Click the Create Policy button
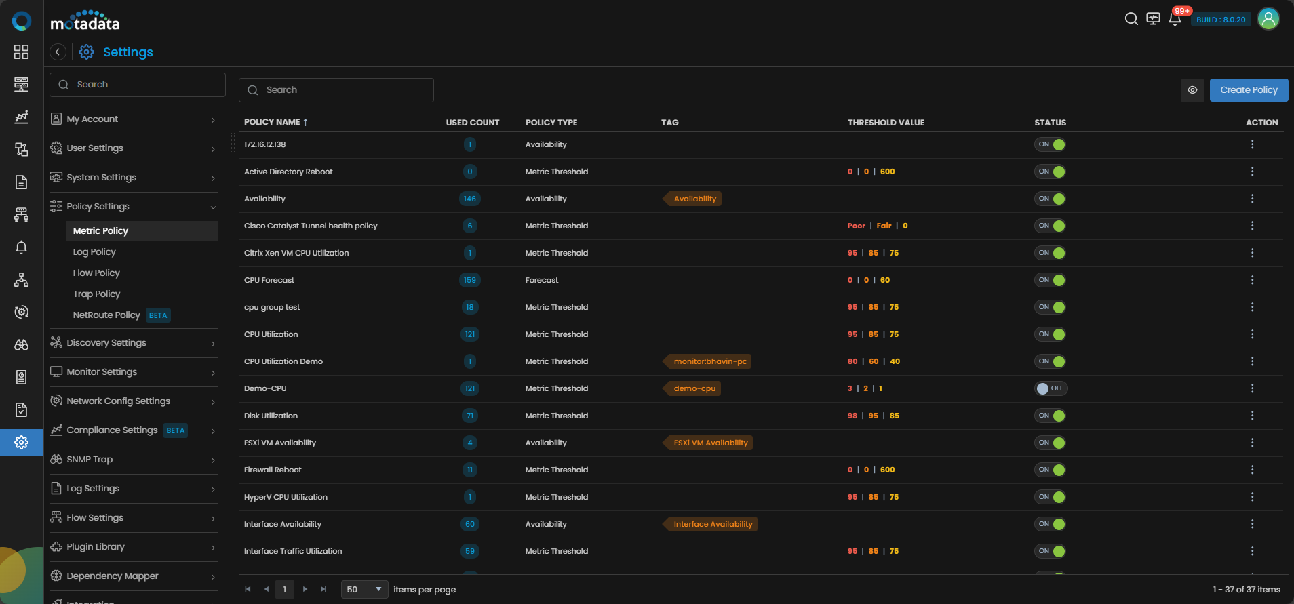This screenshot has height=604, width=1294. click(x=1249, y=90)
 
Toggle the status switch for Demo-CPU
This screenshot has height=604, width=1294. click(x=1051, y=388)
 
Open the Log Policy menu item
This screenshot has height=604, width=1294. click(x=94, y=251)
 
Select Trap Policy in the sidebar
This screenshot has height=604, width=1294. click(x=96, y=294)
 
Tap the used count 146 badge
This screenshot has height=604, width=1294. click(x=470, y=199)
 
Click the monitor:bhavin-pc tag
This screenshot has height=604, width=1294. click(x=709, y=361)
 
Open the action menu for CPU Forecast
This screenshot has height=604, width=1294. click(x=1252, y=280)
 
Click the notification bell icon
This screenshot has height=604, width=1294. click(x=1175, y=19)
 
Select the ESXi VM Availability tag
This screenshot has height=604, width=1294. click(x=709, y=443)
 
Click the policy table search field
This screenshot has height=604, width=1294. click(x=336, y=90)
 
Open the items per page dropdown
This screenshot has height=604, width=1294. click(x=365, y=590)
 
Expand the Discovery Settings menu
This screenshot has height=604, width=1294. click(x=134, y=343)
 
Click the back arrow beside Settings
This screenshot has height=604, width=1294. click(x=58, y=52)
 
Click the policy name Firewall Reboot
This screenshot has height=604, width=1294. click(x=273, y=470)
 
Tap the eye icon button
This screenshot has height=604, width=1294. click(x=1192, y=90)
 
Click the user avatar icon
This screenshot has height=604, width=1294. click(x=1268, y=19)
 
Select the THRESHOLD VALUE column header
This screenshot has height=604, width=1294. click(x=886, y=123)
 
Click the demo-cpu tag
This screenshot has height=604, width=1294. click(x=693, y=388)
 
